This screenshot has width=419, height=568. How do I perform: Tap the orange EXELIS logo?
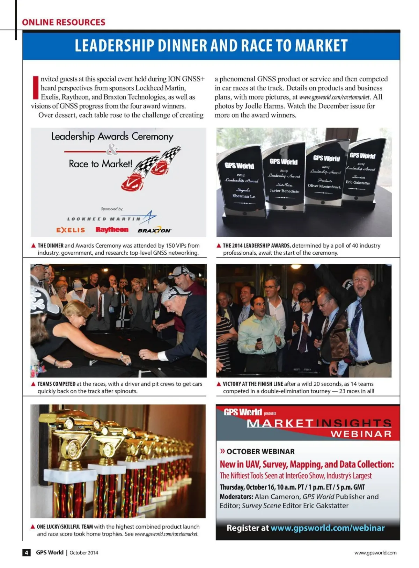point(71,230)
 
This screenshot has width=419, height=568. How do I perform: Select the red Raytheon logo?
point(112,230)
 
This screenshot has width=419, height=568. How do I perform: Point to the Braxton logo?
point(154,230)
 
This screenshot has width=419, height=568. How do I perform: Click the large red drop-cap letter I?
point(35,87)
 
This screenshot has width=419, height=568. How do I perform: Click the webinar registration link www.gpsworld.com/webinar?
point(328,528)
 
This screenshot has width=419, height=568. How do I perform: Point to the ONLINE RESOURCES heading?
point(64,22)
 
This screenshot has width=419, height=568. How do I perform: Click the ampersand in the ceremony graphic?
point(112,150)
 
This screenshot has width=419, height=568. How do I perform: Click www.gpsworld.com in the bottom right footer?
point(375,553)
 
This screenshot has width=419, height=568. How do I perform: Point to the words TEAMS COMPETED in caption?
point(57,384)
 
